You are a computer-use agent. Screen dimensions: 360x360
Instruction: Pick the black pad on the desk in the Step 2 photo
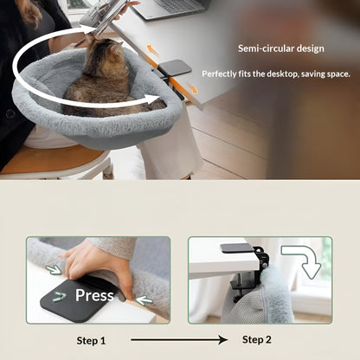pos(236,248)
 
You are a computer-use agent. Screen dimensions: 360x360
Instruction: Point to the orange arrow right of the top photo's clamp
pos(192,87)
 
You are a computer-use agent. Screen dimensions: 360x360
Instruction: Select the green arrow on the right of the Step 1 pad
pos(143,300)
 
